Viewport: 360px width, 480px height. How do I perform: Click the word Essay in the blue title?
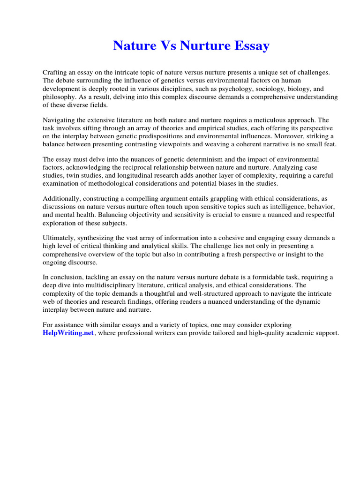pyautogui.click(x=249, y=46)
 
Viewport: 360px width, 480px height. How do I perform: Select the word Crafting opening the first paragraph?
pyautogui.click(x=57, y=72)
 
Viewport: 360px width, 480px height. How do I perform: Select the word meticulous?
pyautogui.click(x=263, y=120)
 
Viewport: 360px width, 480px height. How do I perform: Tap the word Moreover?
pyautogui.click(x=267, y=136)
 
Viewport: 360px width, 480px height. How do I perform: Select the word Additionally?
pyautogui.click(x=62, y=199)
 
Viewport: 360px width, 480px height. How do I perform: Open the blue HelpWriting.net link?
pyautogui.click(x=68, y=333)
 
